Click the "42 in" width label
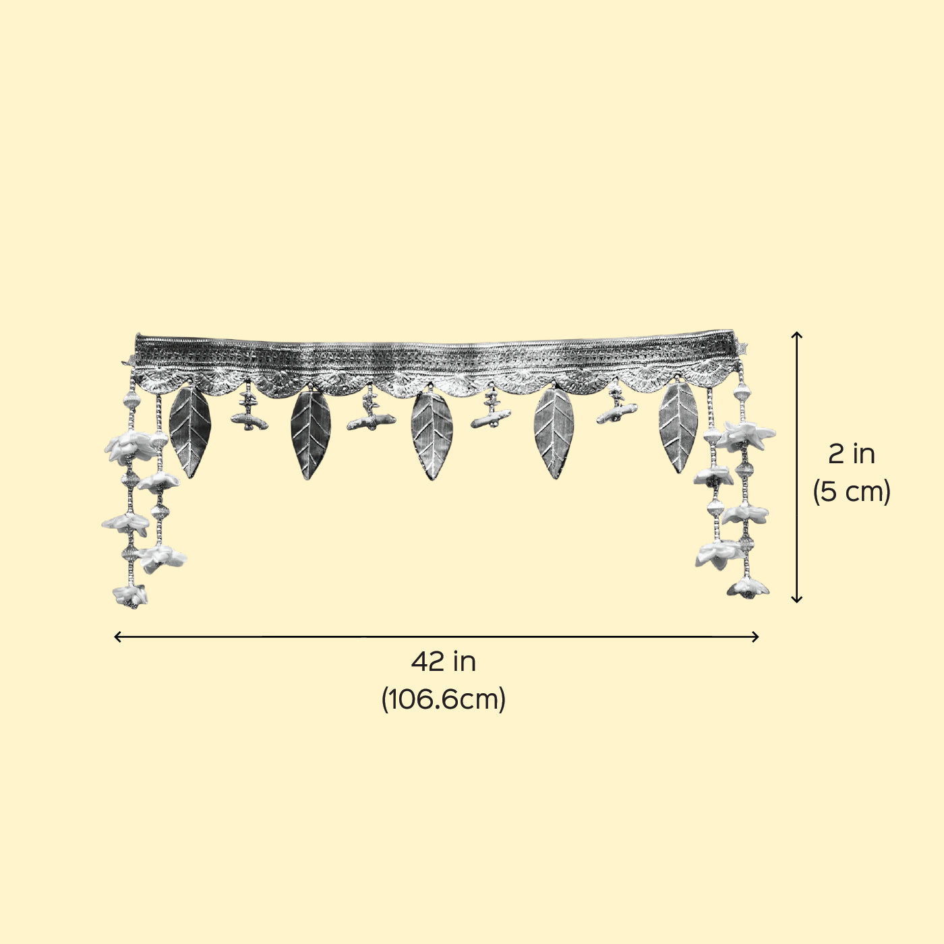(443, 662)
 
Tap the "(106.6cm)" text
(443, 699)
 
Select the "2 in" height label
(852, 454)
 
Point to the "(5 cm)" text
(852, 491)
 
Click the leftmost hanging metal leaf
(190, 432)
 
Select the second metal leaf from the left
(311, 434)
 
